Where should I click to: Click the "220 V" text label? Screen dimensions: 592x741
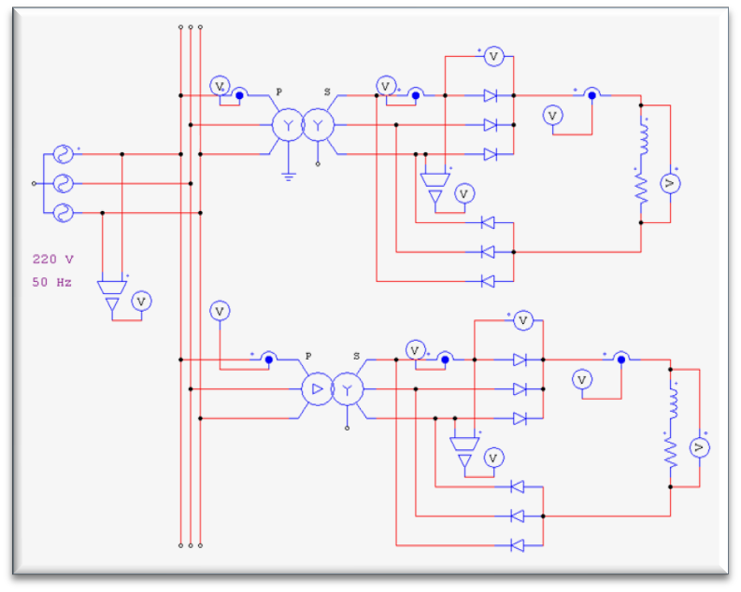51,259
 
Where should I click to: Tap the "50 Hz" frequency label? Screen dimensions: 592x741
51,281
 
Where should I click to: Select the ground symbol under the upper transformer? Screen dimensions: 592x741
289,175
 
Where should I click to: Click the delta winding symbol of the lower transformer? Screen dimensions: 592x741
316,388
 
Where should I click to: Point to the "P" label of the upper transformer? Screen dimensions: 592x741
278,92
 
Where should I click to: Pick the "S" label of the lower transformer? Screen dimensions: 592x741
356,356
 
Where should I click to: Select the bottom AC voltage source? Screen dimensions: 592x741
64,213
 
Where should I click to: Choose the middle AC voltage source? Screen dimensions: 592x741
64,183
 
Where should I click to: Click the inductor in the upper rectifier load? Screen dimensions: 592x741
642,142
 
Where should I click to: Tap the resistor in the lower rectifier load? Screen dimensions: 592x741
671,453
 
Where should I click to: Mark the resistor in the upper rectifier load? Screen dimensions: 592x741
642,190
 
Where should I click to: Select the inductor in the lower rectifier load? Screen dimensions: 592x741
671,405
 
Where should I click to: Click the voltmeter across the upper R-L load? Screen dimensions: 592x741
669,184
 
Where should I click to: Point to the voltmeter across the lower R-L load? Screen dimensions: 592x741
698,449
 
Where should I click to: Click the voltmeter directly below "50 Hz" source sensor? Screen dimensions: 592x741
141,301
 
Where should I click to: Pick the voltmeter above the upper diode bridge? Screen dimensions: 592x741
493,57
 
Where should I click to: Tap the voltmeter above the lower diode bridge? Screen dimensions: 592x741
522,321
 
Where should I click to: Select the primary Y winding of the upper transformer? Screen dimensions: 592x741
287,125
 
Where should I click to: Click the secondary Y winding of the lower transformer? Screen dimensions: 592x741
348,388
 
